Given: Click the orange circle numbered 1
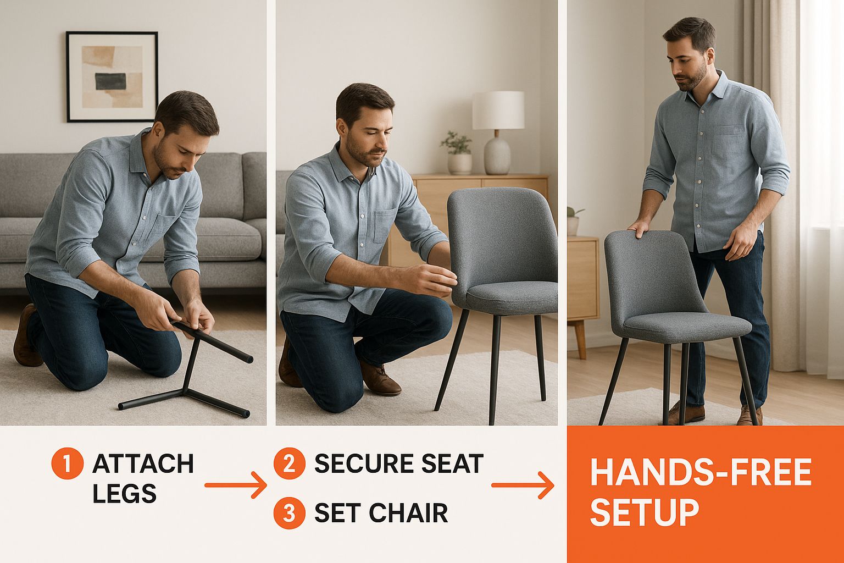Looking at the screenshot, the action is point(67,463).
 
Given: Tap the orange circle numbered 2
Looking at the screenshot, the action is point(290,463).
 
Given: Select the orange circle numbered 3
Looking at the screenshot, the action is point(290,513).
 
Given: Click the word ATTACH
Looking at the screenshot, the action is point(143,463).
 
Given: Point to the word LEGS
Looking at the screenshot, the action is point(125,493).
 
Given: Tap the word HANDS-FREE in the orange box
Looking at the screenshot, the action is point(701,472).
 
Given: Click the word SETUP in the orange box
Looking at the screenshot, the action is point(645,512).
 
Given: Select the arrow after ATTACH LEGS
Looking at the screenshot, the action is point(236,485).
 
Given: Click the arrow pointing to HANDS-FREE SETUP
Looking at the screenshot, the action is point(523,485).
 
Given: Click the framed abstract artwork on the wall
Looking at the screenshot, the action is point(112,77).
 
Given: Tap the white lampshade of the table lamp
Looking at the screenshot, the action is point(498,110).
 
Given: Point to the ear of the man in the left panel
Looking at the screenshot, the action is point(158,130).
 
